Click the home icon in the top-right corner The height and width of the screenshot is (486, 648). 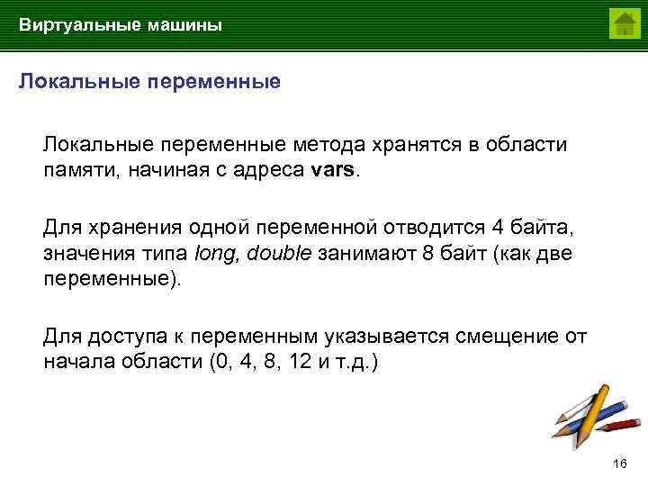624,23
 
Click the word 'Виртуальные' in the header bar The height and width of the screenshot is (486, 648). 73,25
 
